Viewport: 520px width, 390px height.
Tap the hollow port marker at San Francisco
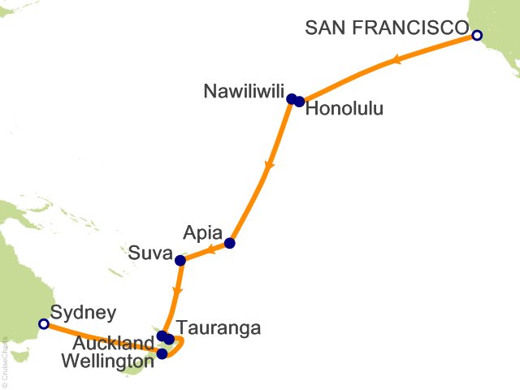(x=477, y=35)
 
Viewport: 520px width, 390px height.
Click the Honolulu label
(x=342, y=109)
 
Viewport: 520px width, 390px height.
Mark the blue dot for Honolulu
(x=300, y=101)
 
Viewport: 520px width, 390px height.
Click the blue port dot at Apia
(x=230, y=243)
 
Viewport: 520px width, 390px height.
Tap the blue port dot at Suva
(x=180, y=261)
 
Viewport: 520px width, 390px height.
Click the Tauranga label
(x=219, y=328)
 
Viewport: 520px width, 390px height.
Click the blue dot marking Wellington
(x=162, y=353)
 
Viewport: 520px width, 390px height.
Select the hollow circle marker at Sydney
(x=44, y=324)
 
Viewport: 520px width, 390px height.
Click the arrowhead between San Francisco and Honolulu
(x=395, y=59)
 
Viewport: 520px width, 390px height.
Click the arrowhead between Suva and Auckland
(x=177, y=290)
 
